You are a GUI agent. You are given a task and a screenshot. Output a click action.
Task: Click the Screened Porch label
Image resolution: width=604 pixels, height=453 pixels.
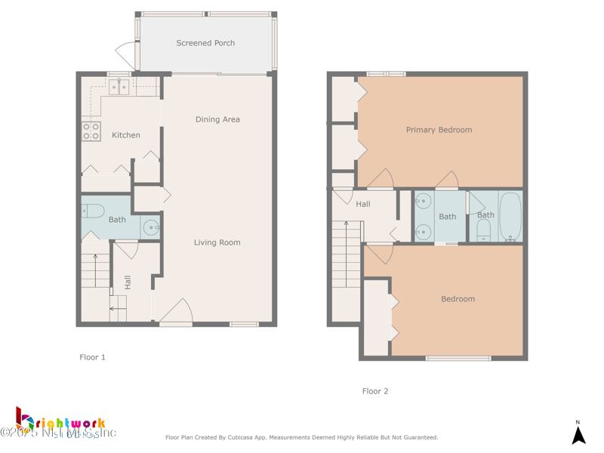tap(205, 43)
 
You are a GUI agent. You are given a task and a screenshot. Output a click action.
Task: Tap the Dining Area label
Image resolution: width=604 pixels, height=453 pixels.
tap(217, 119)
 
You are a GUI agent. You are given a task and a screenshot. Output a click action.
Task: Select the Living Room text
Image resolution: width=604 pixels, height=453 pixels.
tap(217, 242)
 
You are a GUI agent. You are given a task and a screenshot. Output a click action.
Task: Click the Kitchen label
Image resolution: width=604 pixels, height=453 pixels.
tap(126, 135)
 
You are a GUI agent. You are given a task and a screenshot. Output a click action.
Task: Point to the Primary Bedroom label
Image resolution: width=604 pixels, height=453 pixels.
tap(439, 130)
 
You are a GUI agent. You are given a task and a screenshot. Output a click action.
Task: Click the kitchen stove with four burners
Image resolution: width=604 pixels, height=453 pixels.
tap(91, 131)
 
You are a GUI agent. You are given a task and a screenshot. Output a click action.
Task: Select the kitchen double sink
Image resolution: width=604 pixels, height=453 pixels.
tap(119, 87)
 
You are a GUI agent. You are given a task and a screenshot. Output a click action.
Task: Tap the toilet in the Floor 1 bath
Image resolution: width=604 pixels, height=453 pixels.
tap(91, 212)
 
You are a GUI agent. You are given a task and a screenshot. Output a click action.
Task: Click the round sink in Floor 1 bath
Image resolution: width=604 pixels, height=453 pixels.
tap(151, 226)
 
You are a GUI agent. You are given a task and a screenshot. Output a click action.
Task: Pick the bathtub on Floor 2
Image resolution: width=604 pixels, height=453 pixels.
tap(510, 217)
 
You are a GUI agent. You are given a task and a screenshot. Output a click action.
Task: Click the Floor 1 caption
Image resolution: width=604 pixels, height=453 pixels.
tap(92, 357)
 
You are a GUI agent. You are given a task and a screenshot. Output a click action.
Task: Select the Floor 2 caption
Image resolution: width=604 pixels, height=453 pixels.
tap(375, 391)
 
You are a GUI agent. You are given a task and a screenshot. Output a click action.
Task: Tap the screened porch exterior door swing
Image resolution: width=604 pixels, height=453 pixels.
tap(125, 53)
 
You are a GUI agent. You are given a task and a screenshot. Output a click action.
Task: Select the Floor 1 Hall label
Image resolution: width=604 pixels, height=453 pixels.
tap(128, 282)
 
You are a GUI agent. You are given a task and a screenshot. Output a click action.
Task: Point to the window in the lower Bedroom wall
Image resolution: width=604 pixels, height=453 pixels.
tap(458, 358)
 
